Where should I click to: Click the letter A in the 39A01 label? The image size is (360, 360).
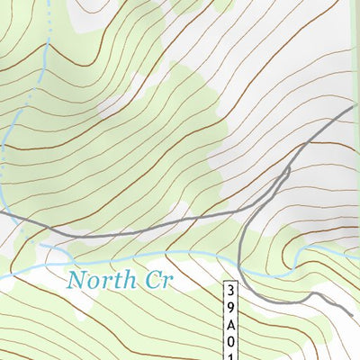coord(232,325)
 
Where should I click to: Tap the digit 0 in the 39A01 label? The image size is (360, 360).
coord(232,341)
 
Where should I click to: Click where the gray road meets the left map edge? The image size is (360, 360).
coord(2,214)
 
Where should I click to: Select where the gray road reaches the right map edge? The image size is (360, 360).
coord(357,106)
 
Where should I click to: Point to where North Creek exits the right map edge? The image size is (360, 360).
coord(358,247)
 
